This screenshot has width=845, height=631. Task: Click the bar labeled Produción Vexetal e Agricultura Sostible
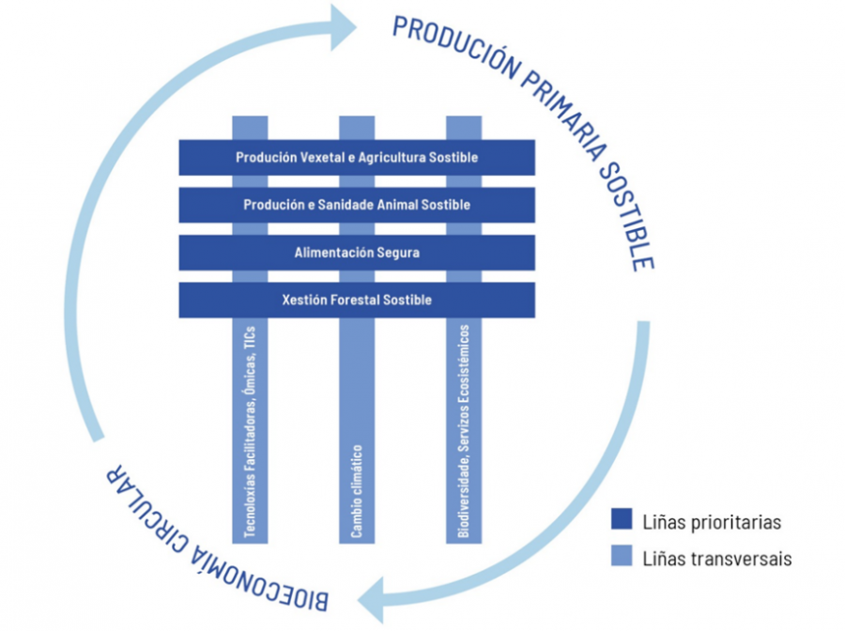357,158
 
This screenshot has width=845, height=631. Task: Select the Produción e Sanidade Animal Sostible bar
357,205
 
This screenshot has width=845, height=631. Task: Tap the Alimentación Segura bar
357,253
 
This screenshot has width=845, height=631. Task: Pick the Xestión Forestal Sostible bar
357,300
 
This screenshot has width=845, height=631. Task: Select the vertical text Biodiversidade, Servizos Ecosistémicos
464,432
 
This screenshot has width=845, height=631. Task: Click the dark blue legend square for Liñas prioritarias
622,520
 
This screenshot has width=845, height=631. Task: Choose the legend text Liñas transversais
717,558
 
